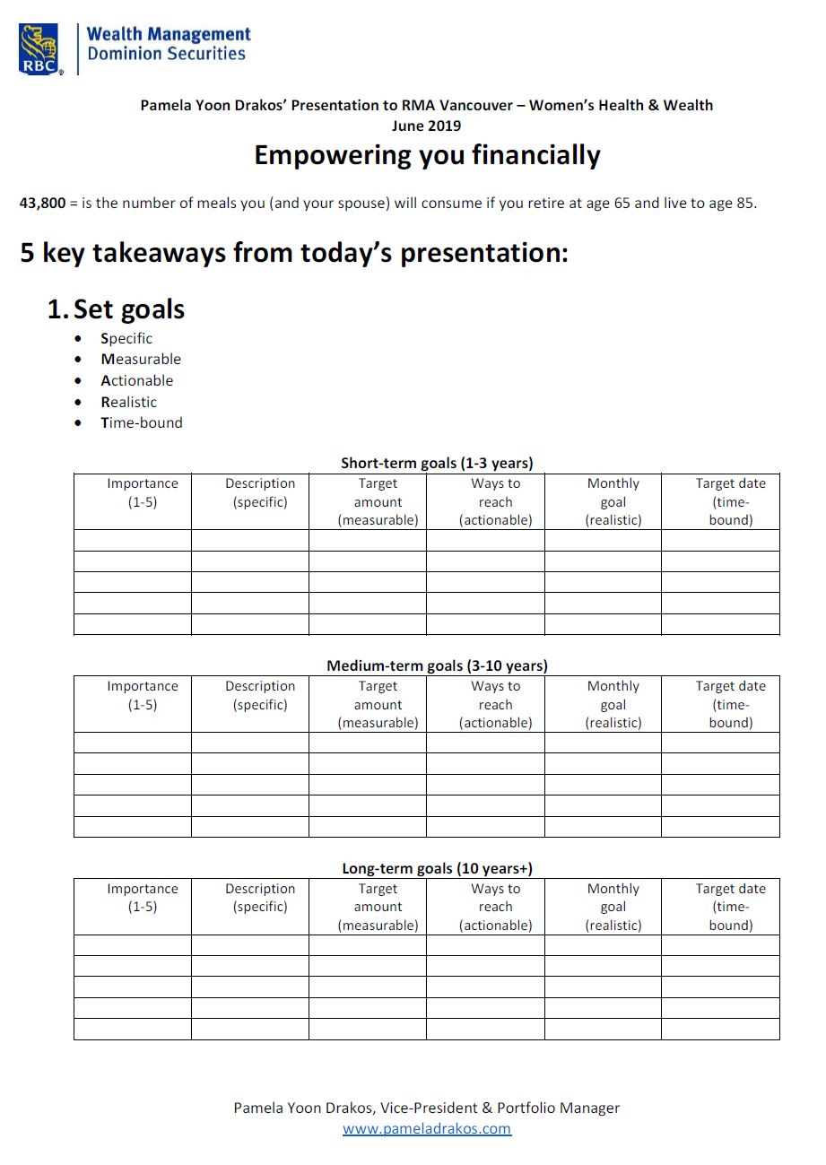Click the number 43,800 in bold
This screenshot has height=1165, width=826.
pos(42,203)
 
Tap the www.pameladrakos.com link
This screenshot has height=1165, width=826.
pos(427,1128)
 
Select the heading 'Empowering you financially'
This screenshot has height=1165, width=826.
pos(427,155)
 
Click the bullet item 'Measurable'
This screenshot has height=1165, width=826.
pos(141,359)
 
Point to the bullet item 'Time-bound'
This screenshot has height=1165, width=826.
pos(142,422)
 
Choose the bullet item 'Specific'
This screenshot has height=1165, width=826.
pos(126,338)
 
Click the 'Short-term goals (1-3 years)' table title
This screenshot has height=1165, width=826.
pos(437,463)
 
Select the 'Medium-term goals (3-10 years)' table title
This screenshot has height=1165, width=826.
pos(437,665)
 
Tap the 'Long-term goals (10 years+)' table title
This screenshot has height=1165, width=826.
pos(437,868)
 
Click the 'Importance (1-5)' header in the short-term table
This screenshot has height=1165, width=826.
pos(143,492)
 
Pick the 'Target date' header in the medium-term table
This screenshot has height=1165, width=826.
pos(730,704)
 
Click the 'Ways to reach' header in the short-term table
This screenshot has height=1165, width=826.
pos(495,501)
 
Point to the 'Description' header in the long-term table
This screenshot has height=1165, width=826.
pos(260,898)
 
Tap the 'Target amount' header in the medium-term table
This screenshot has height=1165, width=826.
pos(378,704)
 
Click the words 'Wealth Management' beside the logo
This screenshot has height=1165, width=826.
pos(169,34)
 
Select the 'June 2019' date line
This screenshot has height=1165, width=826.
pos(426,126)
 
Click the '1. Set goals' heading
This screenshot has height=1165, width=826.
pos(116,309)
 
